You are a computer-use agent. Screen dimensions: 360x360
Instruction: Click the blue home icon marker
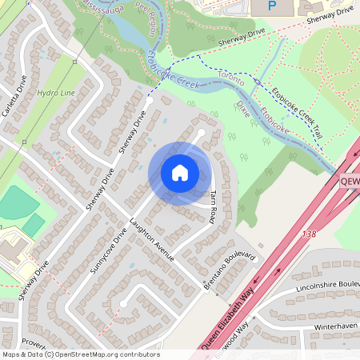coord(180,173)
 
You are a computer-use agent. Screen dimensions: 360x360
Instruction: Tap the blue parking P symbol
coord(271,6)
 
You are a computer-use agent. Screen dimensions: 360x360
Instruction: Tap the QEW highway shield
coord(350,182)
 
